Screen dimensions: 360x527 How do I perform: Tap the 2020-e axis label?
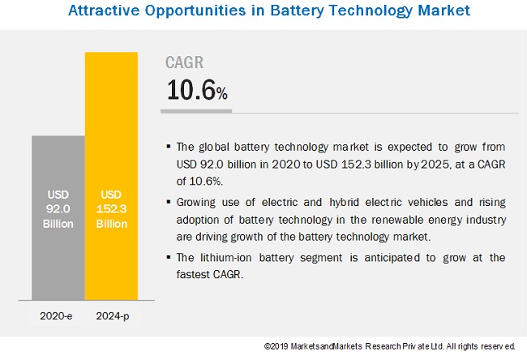58,315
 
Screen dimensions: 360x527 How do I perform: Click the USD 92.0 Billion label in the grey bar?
58,207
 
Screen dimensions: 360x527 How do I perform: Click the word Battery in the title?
283,11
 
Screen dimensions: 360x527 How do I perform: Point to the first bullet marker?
168,147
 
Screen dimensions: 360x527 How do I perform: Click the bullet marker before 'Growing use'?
168,202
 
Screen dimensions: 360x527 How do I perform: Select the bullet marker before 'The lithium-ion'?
168,258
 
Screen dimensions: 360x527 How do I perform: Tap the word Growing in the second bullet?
198,202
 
